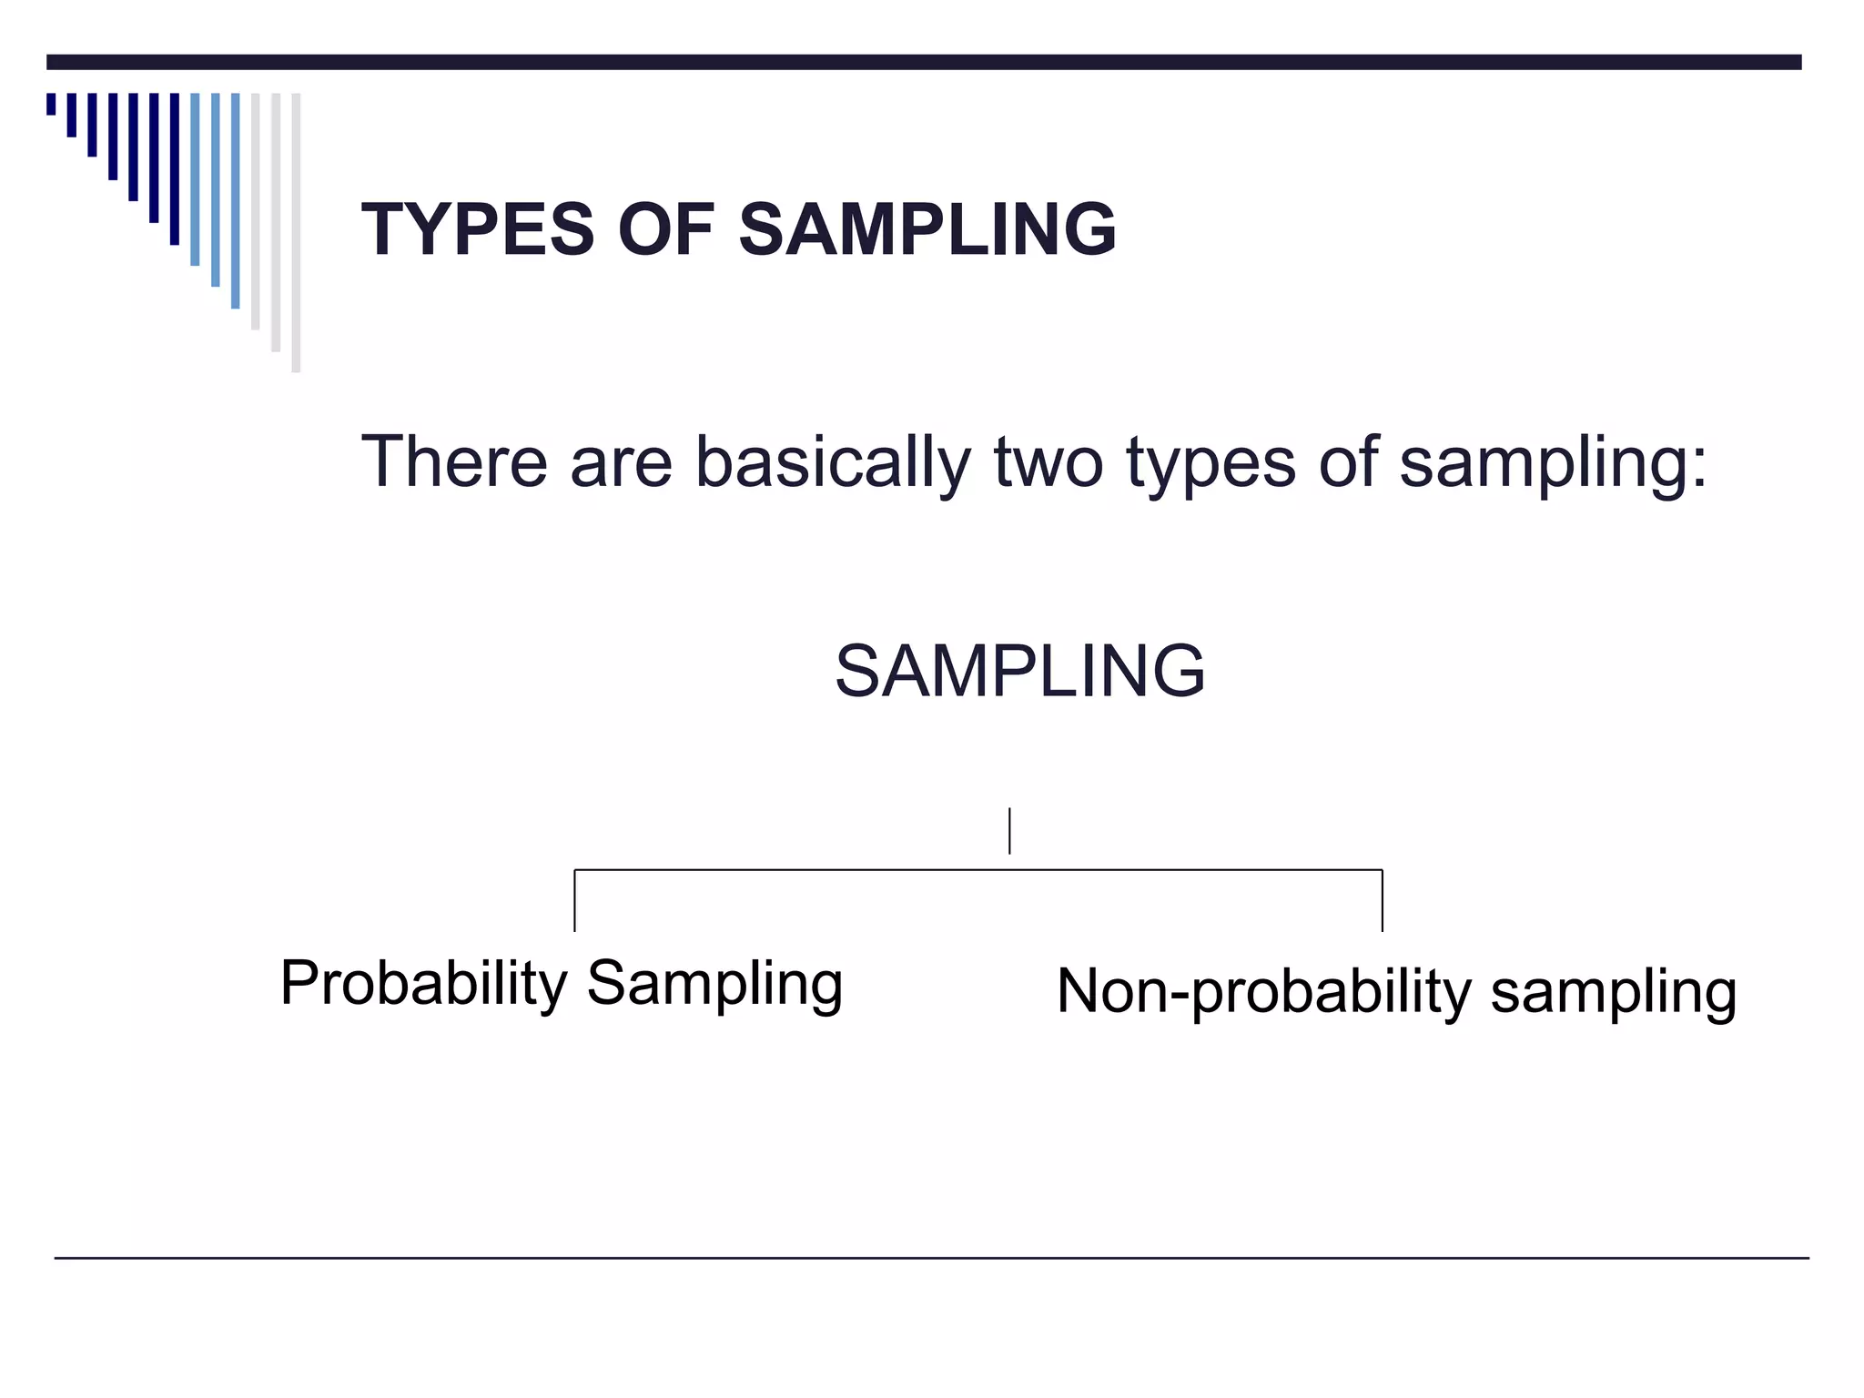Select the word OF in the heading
pos(665,229)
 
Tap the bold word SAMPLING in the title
pos(927,229)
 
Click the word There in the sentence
pos(454,461)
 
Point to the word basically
pos(833,463)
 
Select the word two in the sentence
pos(1048,463)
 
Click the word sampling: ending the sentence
pos(1553,463)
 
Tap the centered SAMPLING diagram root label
pos(1019,671)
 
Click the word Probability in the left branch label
pos(423,984)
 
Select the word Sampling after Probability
pos(714,984)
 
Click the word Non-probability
pos(1262,991)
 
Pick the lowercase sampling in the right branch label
pos(1613,992)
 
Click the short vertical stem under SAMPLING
pos(1009,830)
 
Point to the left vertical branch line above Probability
pos(574,901)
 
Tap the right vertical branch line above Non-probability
pos(1382,901)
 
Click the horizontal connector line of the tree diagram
pos(978,870)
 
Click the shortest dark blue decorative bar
pos(51,104)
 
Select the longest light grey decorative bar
pos(296,232)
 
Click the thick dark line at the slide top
pos(924,62)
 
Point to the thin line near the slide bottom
pos(931,1258)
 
